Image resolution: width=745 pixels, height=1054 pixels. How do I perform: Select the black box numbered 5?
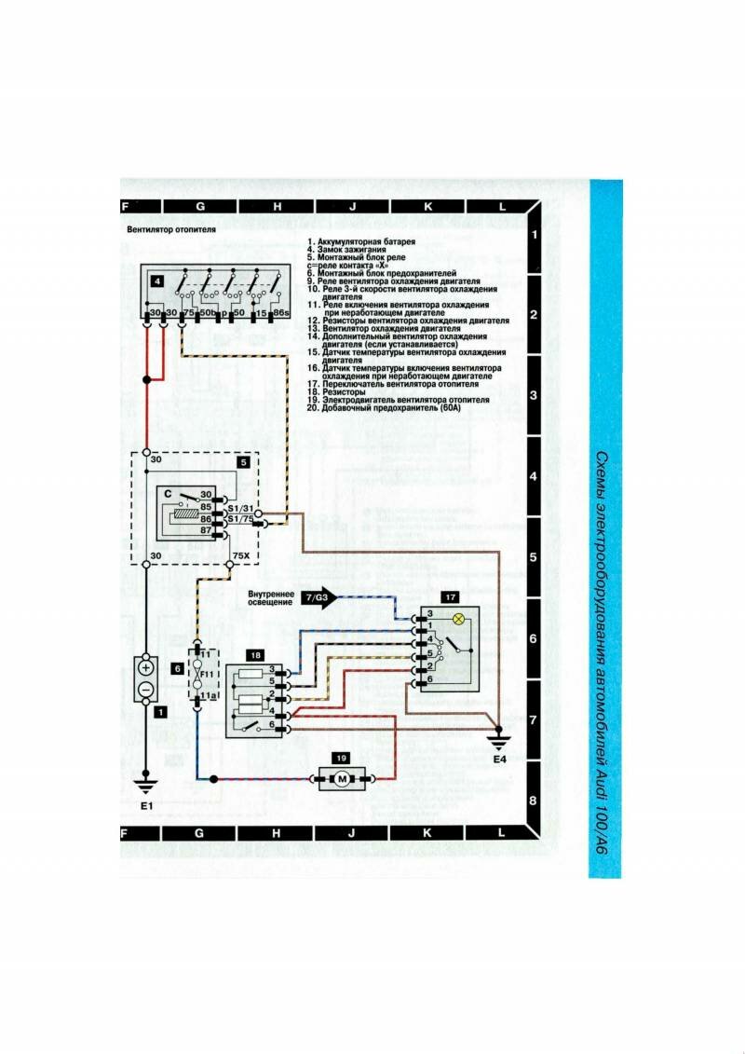[243, 460]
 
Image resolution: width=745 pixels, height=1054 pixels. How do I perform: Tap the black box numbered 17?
[449, 596]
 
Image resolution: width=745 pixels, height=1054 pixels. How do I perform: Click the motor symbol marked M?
[342, 778]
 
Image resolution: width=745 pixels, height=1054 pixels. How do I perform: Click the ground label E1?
[144, 804]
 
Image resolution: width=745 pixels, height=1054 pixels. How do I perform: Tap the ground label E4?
[500, 760]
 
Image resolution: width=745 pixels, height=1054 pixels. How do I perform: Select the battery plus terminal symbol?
[146, 668]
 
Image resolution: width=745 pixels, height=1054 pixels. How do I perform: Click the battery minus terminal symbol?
[146, 689]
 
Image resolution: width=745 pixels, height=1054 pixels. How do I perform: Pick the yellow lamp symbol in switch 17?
[457, 620]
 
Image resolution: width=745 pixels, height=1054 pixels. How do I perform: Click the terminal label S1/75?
[240, 518]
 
